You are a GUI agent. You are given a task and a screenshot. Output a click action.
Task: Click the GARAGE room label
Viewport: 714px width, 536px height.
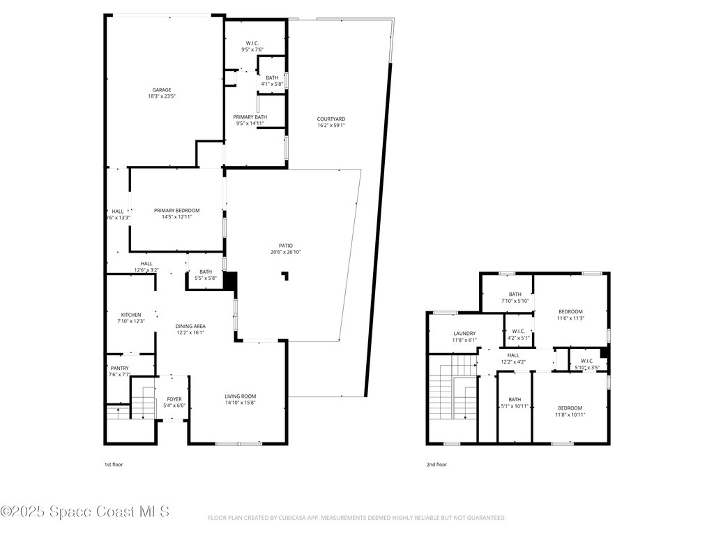[162, 90]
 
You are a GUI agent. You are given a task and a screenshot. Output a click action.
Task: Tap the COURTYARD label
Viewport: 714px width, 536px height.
[331, 119]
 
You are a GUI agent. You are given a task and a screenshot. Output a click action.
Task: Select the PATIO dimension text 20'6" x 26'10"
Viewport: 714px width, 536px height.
[286, 252]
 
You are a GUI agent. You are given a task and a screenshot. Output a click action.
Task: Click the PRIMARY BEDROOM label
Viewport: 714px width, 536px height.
[177, 211]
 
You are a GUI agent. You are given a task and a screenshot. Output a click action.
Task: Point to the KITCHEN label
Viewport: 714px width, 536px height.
[130, 315]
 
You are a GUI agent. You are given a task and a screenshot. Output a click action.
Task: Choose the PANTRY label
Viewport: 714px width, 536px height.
[120, 368]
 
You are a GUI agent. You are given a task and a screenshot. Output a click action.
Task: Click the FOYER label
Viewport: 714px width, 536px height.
[174, 399]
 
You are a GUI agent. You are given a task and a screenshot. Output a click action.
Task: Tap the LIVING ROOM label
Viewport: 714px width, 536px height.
[241, 396]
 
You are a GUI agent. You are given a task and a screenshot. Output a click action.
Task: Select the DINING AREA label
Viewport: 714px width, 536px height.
[190, 326]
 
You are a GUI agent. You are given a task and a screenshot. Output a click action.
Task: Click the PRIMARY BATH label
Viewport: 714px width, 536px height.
[250, 117]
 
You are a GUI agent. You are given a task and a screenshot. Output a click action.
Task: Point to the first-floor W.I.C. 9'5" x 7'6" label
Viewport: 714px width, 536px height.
[252, 43]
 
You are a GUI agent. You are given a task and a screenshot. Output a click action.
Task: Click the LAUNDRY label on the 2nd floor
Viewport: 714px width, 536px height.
[464, 334]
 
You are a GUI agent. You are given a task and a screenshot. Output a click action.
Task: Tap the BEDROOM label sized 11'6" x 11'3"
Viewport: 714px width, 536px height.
[570, 311]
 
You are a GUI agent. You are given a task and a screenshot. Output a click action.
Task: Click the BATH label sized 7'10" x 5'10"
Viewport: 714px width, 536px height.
[515, 295]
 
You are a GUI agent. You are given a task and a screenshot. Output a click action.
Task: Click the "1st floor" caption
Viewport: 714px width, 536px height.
[114, 464]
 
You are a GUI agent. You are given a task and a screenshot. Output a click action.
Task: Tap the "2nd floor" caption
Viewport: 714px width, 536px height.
[436, 464]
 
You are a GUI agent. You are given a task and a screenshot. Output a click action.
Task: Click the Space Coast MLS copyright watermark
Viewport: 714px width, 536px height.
[85, 512]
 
